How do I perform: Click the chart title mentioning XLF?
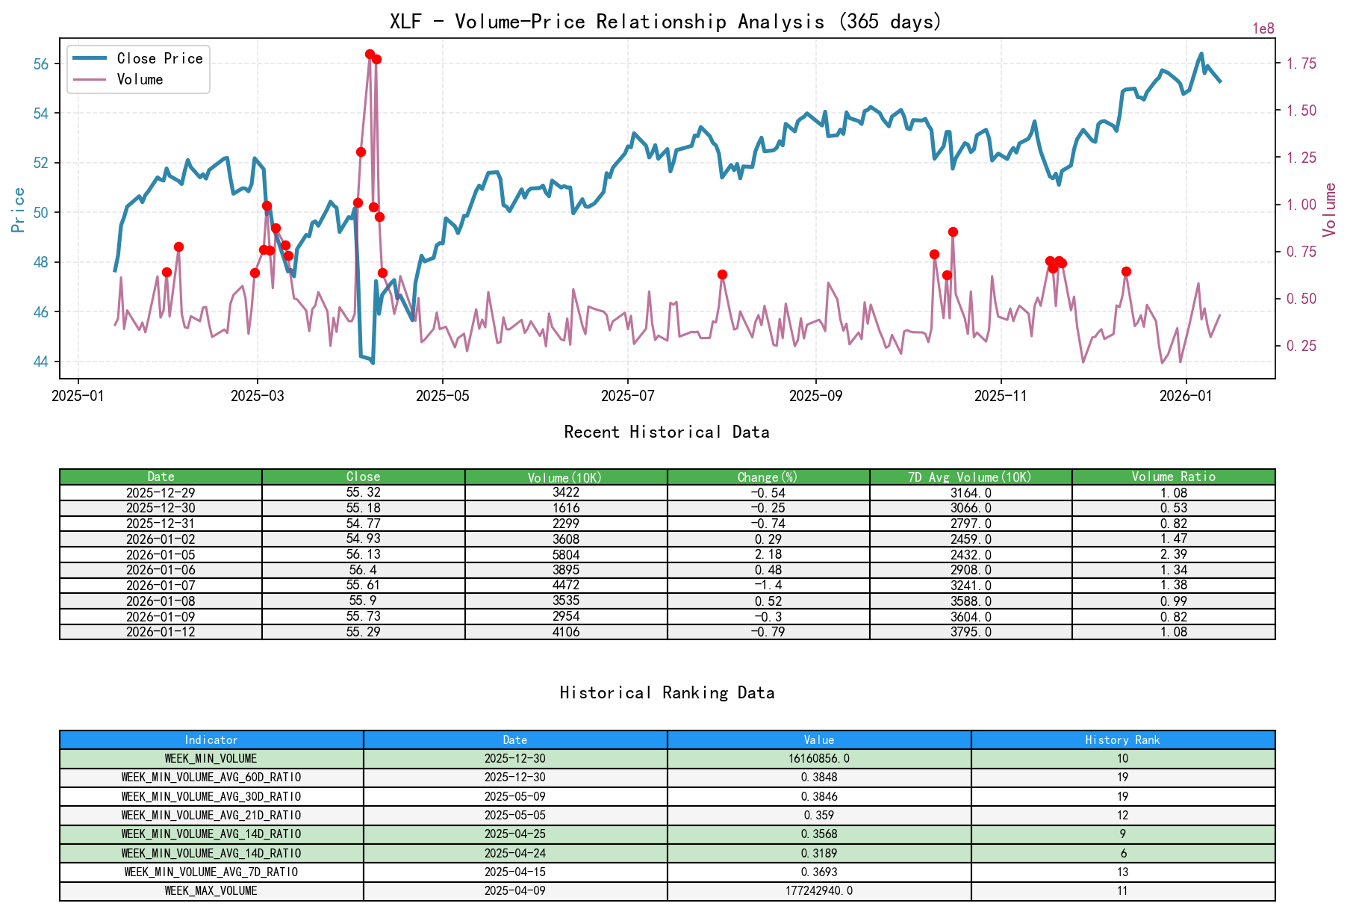pyautogui.click(x=665, y=22)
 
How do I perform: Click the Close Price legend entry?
pyautogui.click(x=159, y=59)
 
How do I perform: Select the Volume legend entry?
pyautogui.click(x=140, y=80)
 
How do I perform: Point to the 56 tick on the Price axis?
pyautogui.click(x=41, y=64)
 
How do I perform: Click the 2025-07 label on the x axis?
pyautogui.click(x=627, y=396)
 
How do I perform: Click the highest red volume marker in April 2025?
pyautogui.click(x=370, y=55)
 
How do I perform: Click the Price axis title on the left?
pyautogui.click(x=19, y=210)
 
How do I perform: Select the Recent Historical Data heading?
pyautogui.click(x=666, y=432)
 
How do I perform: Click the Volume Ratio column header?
pyautogui.click(x=1173, y=477)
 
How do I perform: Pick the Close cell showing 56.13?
pyautogui.click(x=363, y=555)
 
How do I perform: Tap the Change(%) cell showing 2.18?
pyautogui.click(x=768, y=555)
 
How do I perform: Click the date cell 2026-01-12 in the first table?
pyautogui.click(x=161, y=632)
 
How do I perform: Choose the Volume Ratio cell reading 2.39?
pyautogui.click(x=1173, y=555)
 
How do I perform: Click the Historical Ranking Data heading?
pyautogui.click(x=666, y=693)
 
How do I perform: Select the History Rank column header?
pyautogui.click(x=1122, y=740)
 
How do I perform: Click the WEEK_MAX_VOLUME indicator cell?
pyautogui.click(x=211, y=891)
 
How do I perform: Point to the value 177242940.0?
pyautogui.click(x=818, y=891)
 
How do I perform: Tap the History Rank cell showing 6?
pyautogui.click(x=1122, y=854)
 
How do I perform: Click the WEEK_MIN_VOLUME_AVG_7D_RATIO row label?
pyautogui.click(x=211, y=872)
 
